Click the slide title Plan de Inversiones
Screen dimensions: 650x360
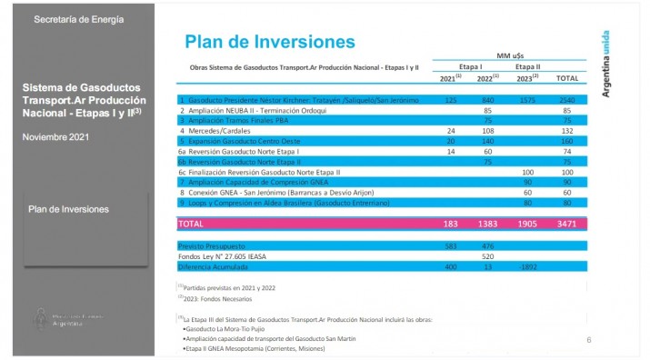(269, 42)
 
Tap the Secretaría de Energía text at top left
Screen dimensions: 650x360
(79, 19)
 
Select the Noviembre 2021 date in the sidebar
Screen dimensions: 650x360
(55, 136)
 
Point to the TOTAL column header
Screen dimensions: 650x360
(566, 78)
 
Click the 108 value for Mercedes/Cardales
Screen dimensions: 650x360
(488, 130)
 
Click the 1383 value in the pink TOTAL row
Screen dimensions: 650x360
(486, 222)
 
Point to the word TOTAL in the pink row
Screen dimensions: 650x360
(191, 222)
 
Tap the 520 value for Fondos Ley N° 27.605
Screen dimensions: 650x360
(488, 256)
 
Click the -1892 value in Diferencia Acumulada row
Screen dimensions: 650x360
(526, 267)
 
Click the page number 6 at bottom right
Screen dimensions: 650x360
(589, 340)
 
